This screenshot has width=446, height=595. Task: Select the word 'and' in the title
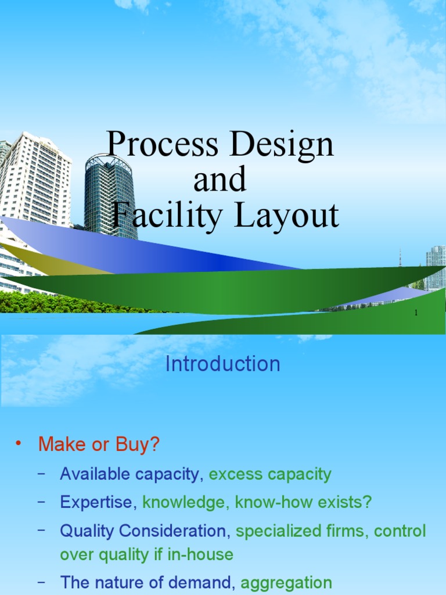(x=220, y=180)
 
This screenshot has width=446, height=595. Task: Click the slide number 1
(x=416, y=314)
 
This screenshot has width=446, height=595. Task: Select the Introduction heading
(x=223, y=364)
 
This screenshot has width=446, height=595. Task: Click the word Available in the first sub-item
(x=95, y=474)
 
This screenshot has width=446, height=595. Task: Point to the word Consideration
(x=173, y=531)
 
